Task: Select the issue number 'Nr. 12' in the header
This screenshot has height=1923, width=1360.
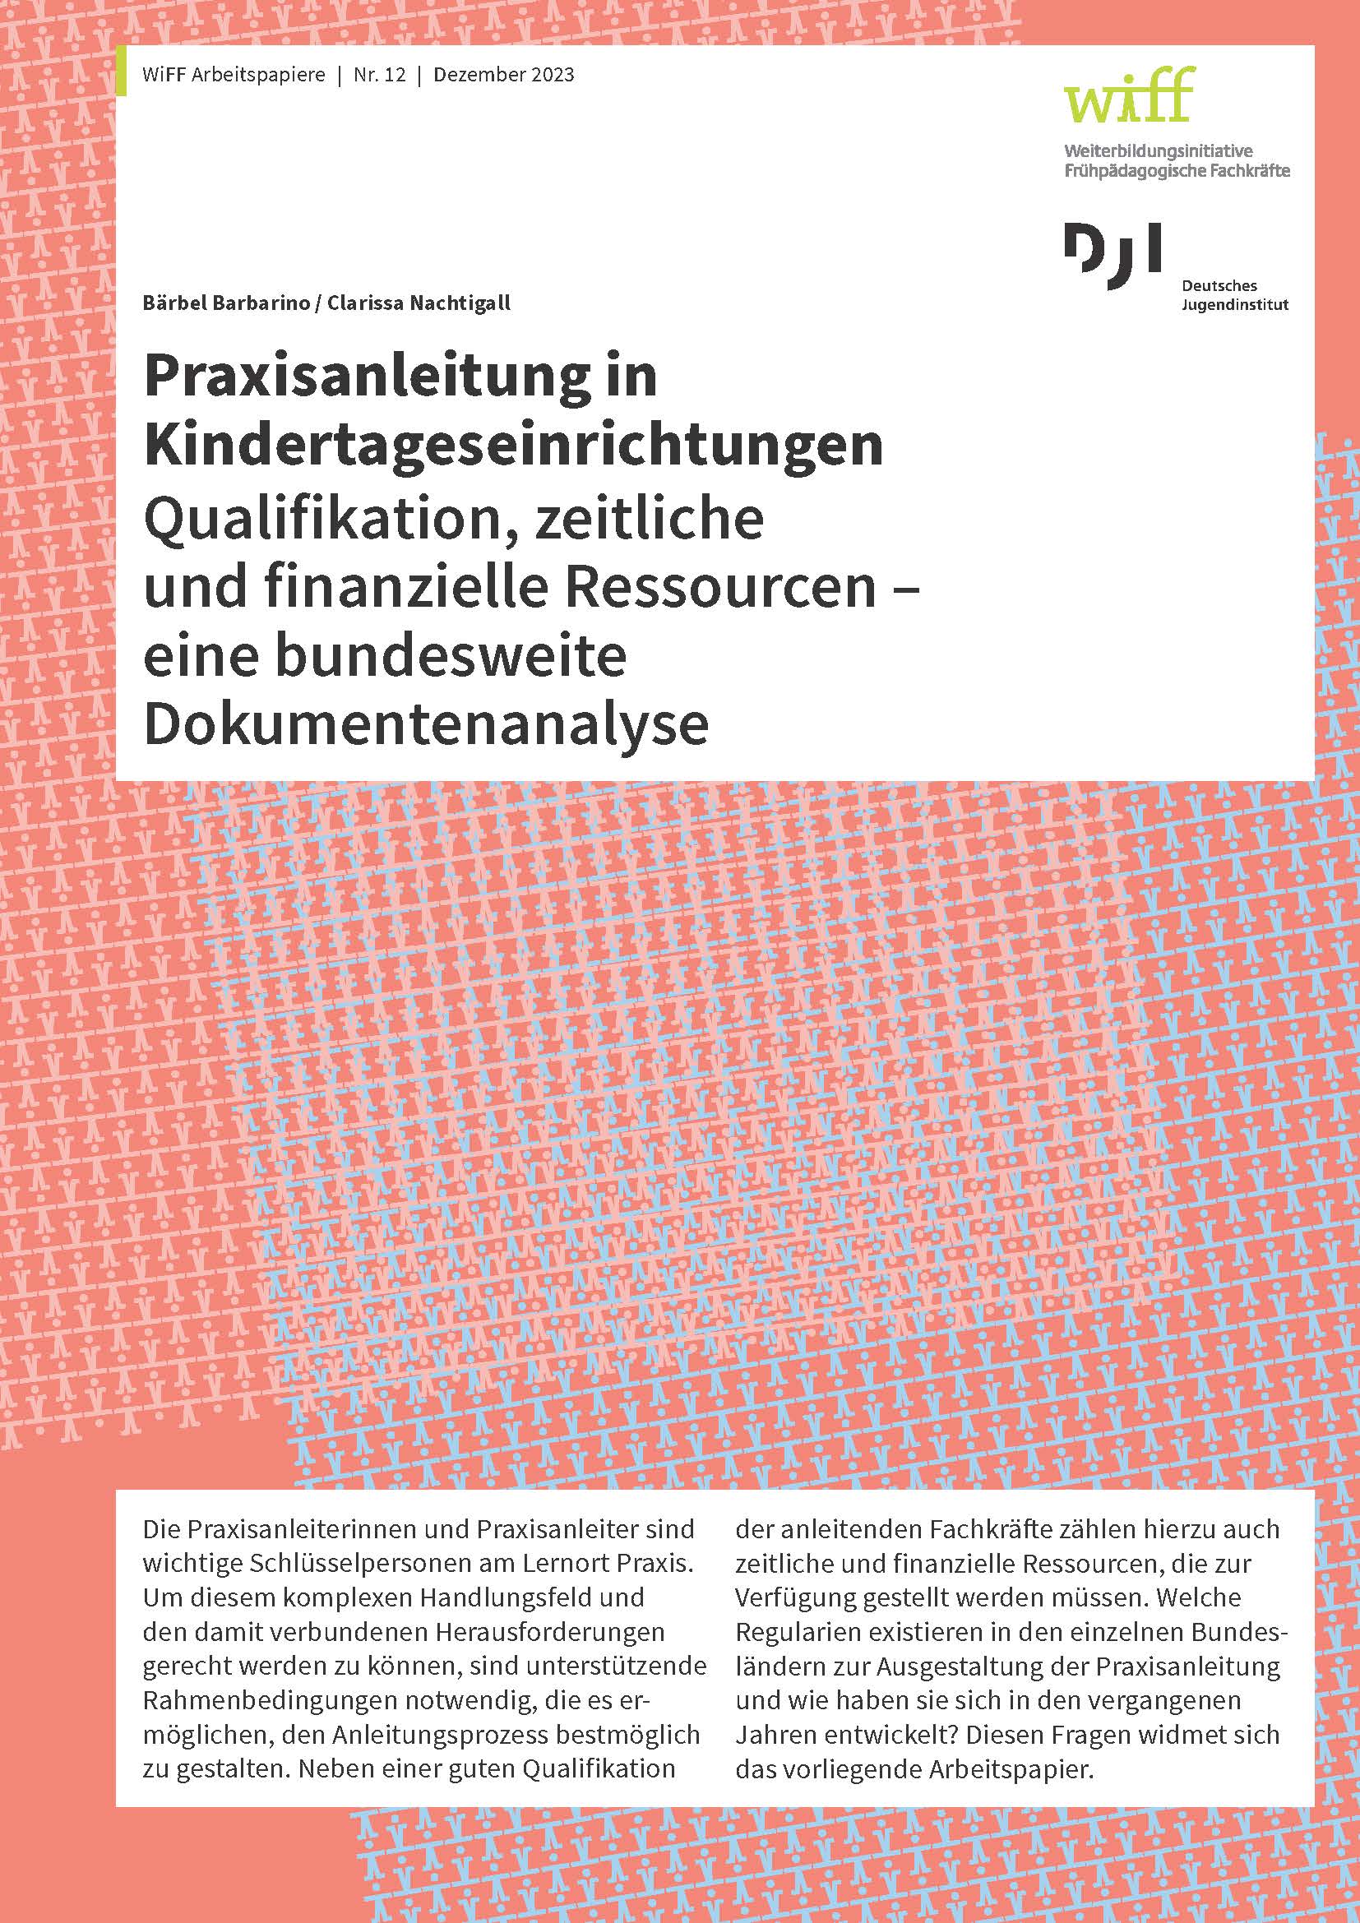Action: (379, 76)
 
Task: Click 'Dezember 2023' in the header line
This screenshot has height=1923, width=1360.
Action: (505, 76)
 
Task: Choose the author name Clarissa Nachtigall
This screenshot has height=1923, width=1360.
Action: (419, 303)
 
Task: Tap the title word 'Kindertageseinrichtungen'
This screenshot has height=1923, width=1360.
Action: (513, 446)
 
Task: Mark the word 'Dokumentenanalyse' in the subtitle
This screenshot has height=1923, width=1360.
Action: (426, 725)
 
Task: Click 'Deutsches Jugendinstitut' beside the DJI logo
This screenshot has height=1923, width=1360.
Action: (1234, 295)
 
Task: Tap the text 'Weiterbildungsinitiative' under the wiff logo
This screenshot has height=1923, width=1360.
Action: (1159, 151)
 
